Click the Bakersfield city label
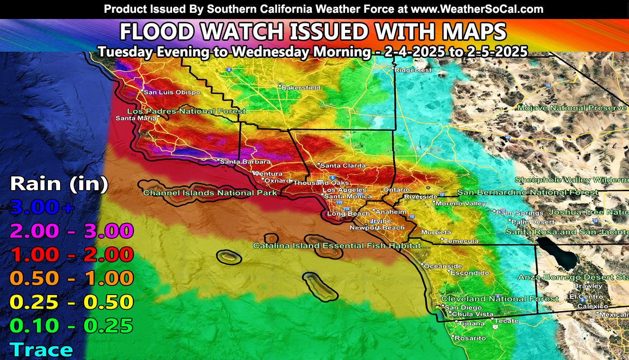click(301, 88)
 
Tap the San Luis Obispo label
click(172, 92)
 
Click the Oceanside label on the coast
click(443, 266)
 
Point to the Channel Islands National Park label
click(210, 193)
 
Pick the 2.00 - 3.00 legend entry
click(72, 231)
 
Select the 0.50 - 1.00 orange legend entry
click(72, 278)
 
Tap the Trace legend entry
click(42, 350)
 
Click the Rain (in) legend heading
click(59, 184)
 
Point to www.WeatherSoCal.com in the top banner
click(477, 9)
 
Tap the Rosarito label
click(470, 338)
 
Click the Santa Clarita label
click(343, 166)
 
